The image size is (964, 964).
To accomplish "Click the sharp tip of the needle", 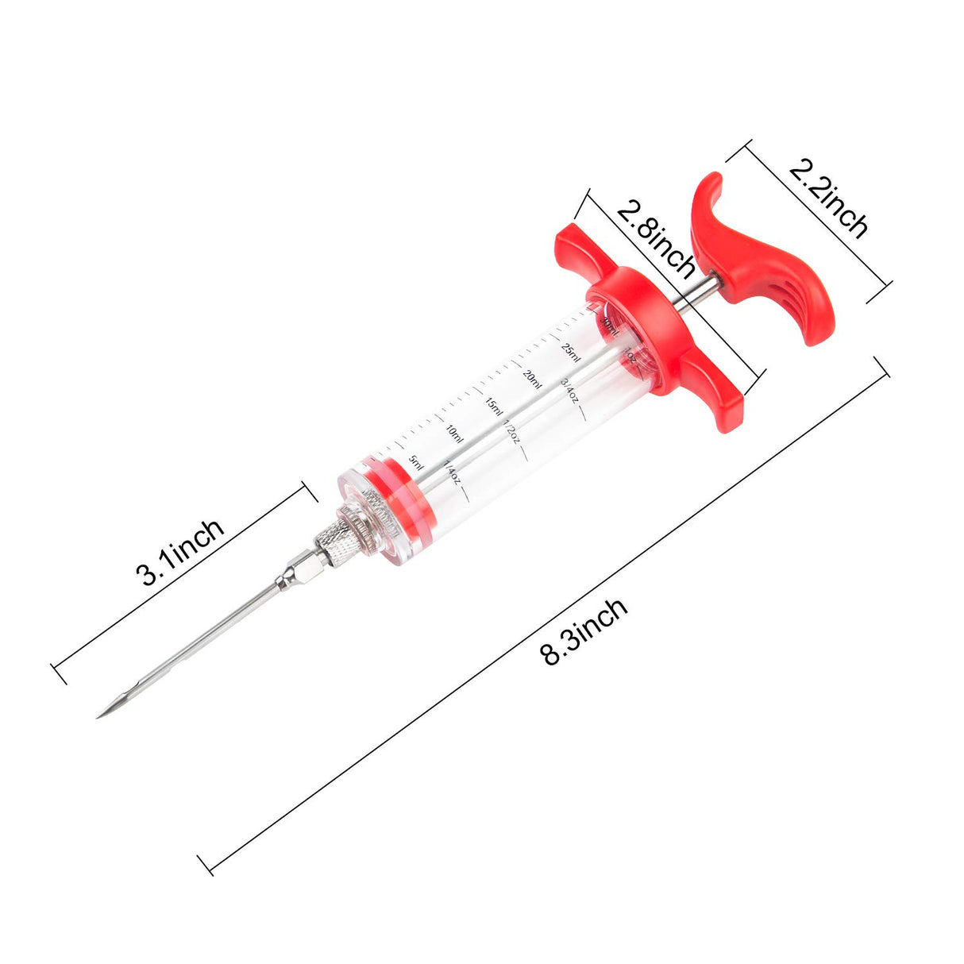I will tap(100, 715).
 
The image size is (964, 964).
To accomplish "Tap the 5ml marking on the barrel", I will tap(415, 461).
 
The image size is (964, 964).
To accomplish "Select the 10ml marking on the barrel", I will tap(453, 433).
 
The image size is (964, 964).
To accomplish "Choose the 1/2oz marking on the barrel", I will tap(512, 433).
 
